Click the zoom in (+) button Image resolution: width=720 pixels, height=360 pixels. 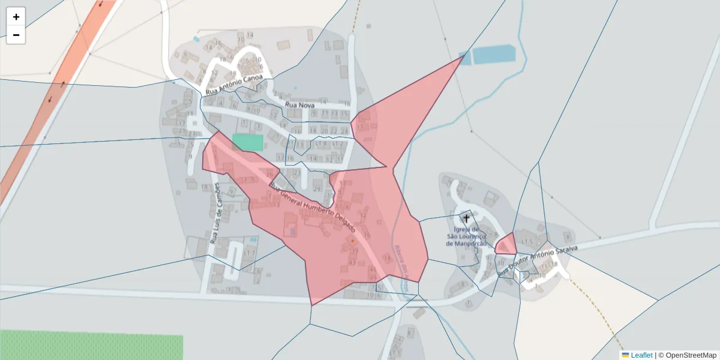(16, 17)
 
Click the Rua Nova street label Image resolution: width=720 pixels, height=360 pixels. (300, 106)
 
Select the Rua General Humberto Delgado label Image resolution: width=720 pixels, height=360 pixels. (312, 208)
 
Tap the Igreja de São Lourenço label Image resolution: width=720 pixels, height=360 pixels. (467, 236)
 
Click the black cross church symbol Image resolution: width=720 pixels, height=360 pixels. (466, 218)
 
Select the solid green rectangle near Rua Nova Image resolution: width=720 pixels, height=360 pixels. (248, 143)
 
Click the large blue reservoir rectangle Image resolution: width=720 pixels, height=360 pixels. (494, 55)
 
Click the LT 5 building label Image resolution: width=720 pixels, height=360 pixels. (527, 241)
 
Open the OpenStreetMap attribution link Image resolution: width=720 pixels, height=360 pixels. (691, 355)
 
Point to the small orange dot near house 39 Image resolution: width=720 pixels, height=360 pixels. (353, 241)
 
